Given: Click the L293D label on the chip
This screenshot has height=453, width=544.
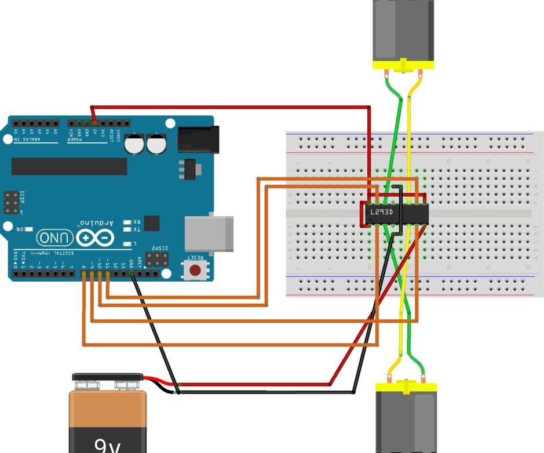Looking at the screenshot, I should click(382, 212).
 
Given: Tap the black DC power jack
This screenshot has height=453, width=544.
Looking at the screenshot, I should click(198, 139).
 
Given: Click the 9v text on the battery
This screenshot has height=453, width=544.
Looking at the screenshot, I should click(108, 444).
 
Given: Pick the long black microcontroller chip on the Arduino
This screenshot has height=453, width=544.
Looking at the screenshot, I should click(69, 166).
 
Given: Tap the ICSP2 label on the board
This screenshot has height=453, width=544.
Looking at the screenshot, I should click(159, 248).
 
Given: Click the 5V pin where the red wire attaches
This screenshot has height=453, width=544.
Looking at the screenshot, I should click(95, 123).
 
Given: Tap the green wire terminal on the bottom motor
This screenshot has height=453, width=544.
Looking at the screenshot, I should click(423, 381).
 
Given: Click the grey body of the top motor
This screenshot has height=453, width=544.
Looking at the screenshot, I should click(402, 29).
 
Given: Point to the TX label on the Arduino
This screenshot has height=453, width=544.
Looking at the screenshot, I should click(136, 230).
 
